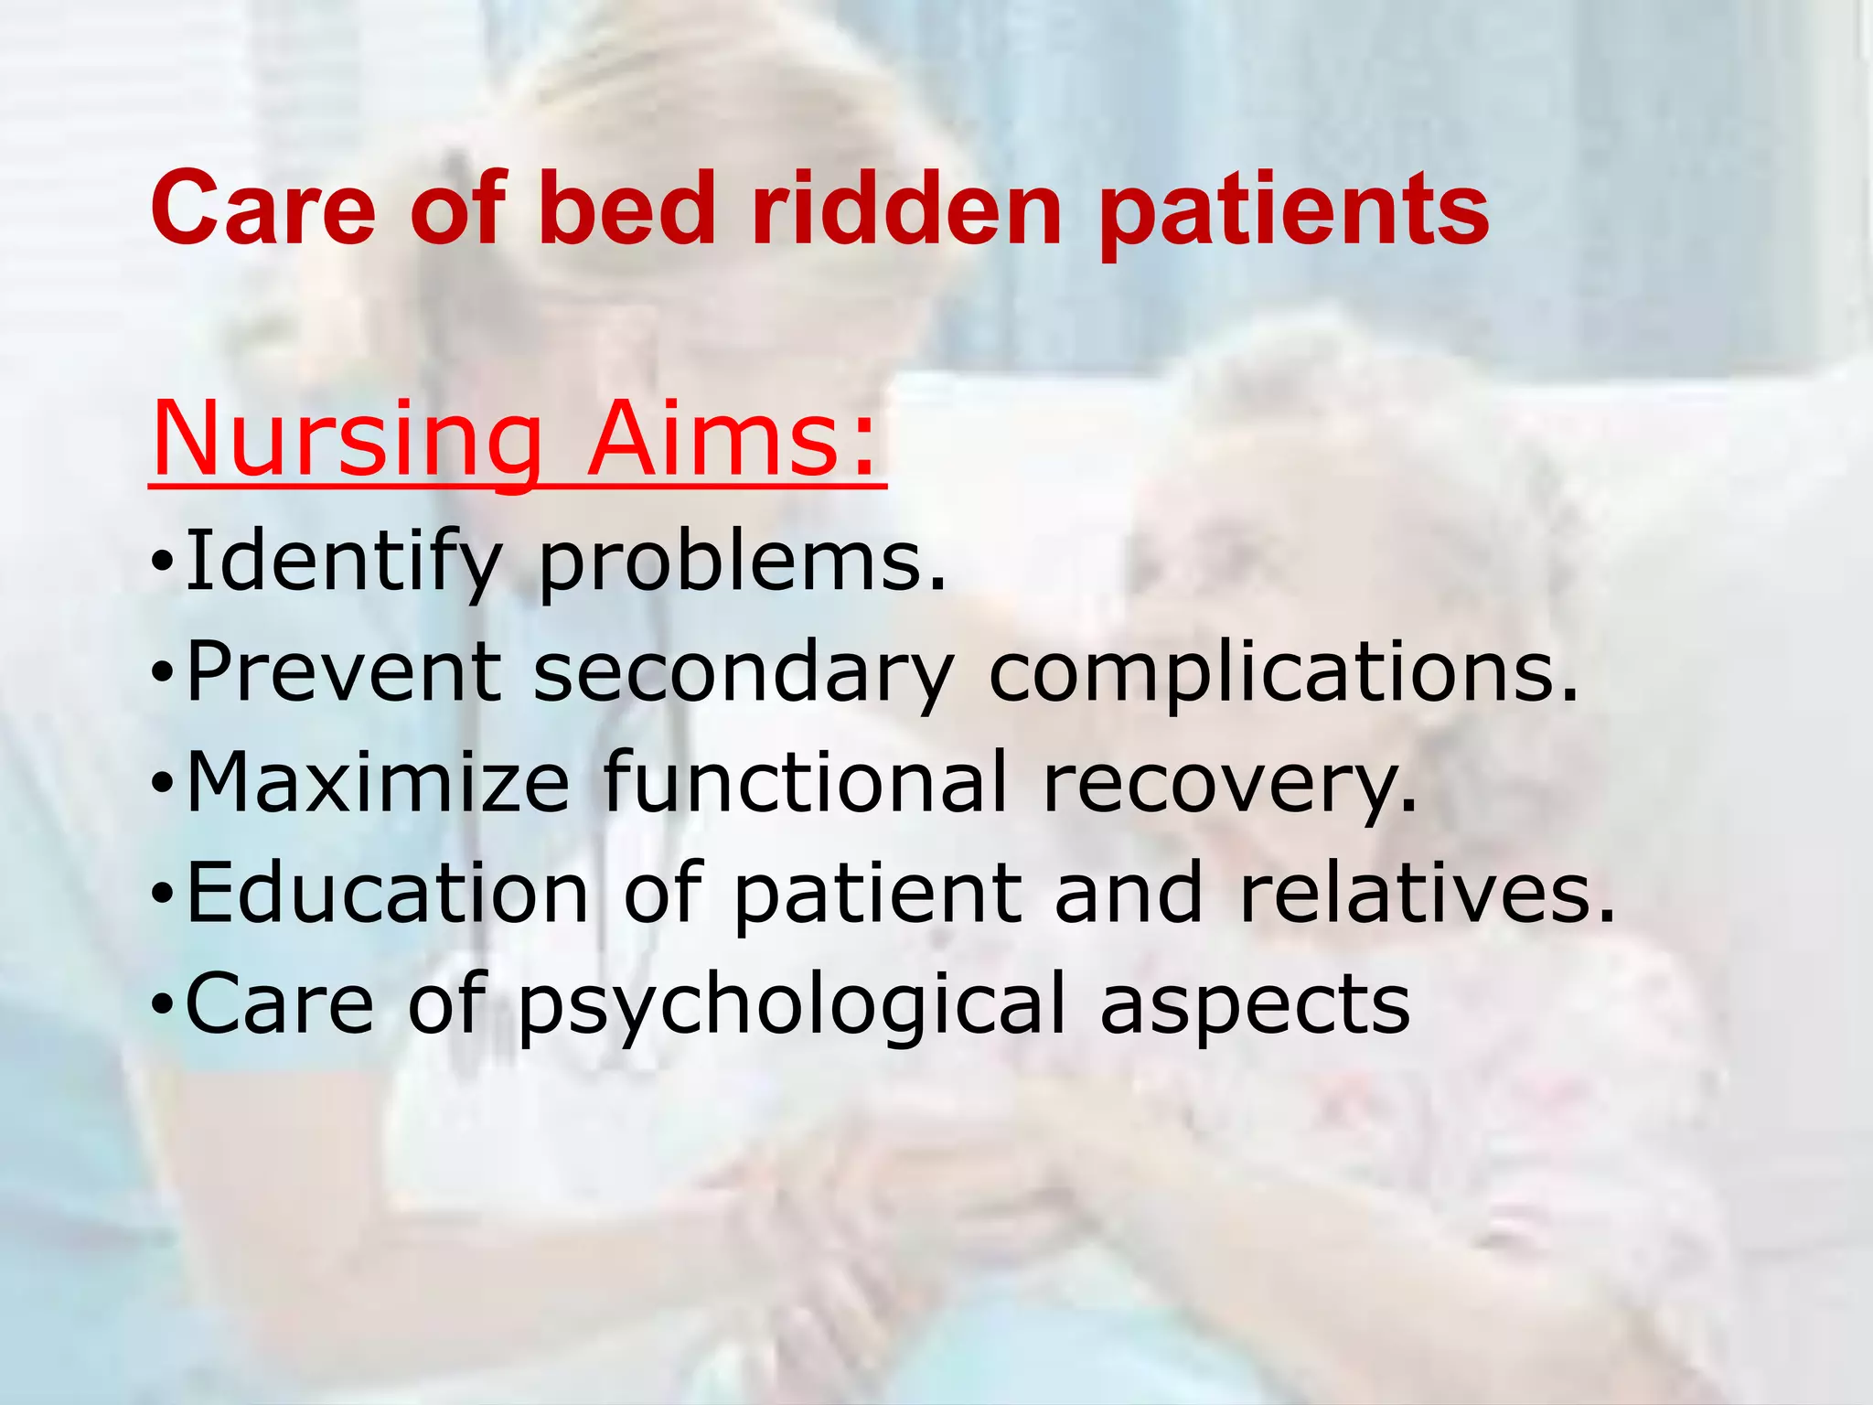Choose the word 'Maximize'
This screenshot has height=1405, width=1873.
(x=378, y=783)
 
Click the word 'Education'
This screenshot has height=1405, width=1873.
(x=388, y=893)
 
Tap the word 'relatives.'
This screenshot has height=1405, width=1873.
(x=1427, y=893)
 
